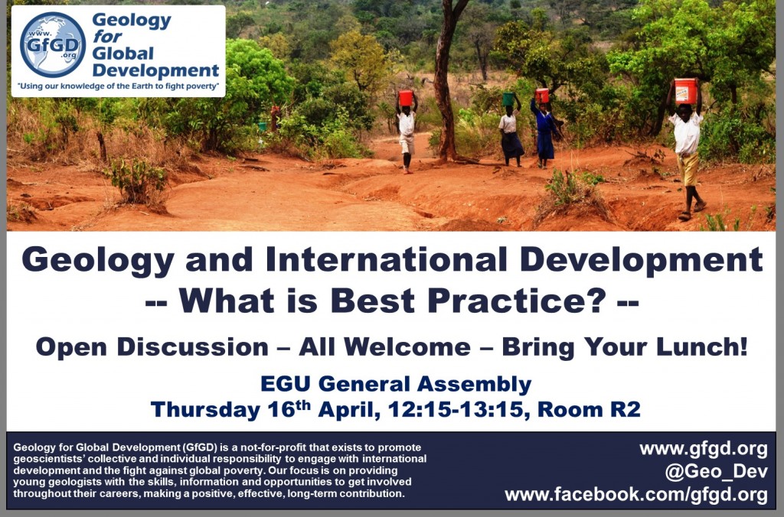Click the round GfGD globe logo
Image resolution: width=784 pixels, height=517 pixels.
tap(53, 44)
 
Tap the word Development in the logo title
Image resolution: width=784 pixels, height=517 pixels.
tap(155, 70)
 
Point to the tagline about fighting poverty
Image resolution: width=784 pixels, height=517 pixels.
tap(118, 86)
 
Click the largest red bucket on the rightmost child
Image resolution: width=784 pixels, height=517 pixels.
tap(685, 91)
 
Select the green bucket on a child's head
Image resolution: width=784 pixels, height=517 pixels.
tap(508, 99)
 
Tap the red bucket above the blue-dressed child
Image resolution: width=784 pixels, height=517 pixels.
tap(542, 96)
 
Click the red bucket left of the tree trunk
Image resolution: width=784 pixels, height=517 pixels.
tap(406, 98)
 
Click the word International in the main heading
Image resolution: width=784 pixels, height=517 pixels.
tap(386, 260)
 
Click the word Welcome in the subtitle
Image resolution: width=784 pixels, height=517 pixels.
tap(407, 346)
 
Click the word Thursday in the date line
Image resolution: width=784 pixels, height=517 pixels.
tap(205, 410)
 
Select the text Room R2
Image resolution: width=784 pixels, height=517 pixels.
tap(589, 410)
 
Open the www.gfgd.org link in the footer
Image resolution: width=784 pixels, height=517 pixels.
tap(704, 449)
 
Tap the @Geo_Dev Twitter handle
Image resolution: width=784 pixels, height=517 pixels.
tap(716, 472)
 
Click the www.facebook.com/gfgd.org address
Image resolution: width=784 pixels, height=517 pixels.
tap(636, 495)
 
